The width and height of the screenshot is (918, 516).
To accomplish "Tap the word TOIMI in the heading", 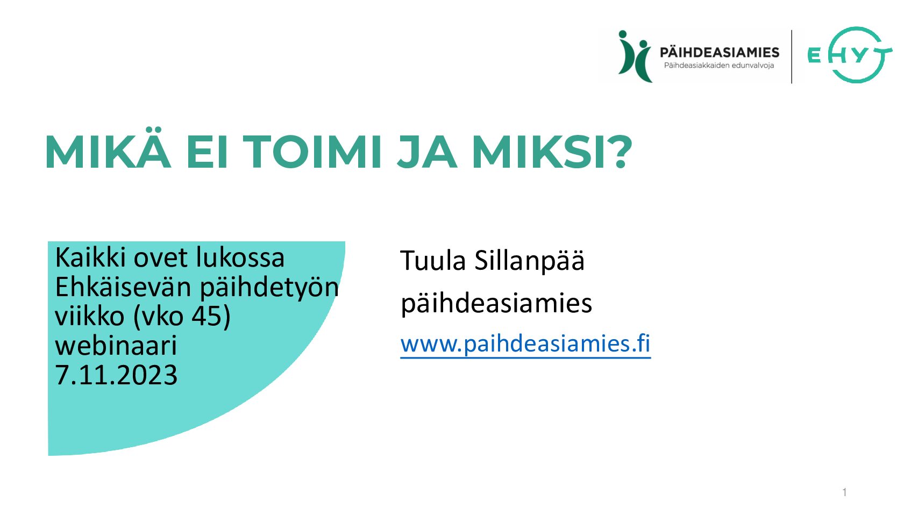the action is (x=312, y=152).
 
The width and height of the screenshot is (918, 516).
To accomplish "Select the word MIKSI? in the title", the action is (x=552, y=152).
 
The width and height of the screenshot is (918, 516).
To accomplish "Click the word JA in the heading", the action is (x=427, y=152).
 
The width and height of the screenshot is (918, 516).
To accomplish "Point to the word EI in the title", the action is (x=207, y=152).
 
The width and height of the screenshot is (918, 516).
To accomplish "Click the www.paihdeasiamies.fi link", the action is (x=525, y=343).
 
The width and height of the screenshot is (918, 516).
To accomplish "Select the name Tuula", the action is (x=433, y=261).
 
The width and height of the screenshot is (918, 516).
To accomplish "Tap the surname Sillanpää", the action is (x=529, y=261).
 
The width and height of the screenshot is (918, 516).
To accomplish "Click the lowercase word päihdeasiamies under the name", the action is (x=496, y=304).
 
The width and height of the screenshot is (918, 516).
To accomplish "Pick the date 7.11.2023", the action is (x=116, y=375).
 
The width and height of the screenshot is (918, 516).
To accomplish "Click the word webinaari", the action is (x=116, y=345).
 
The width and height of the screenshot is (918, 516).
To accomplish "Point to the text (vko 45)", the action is (x=182, y=316).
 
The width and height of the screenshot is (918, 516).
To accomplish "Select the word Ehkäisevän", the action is (x=123, y=286).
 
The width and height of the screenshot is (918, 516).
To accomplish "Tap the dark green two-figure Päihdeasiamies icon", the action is (x=635, y=56).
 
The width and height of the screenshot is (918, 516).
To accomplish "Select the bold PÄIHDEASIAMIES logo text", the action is (x=719, y=53).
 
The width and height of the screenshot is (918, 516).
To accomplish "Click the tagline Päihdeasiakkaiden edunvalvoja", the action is (x=719, y=66).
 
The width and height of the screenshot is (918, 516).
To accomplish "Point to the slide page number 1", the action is (x=845, y=492).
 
